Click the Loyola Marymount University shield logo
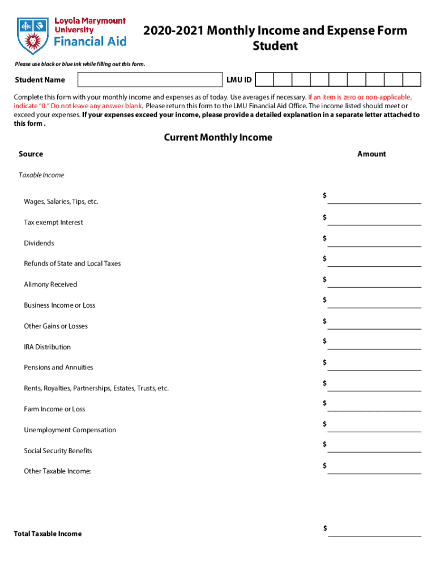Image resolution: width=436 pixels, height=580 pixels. (x=33, y=33)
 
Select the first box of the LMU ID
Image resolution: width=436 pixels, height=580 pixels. (x=266, y=80)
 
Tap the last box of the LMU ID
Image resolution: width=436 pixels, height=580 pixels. (x=412, y=80)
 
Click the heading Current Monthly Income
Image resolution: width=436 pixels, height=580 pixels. (x=218, y=138)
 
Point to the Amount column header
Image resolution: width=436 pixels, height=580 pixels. (x=371, y=154)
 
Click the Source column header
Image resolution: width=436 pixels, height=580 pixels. (x=31, y=154)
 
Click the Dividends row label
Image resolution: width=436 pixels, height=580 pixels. (x=39, y=243)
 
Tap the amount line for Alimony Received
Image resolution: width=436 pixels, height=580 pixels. (x=374, y=282)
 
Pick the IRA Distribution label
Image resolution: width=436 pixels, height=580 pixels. (x=47, y=347)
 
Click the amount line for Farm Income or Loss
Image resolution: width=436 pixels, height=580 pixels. (x=374, y=406)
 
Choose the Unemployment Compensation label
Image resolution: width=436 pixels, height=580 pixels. (x=70, y=430)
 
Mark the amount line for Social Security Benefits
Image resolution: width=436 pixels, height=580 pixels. (x=374, y=447)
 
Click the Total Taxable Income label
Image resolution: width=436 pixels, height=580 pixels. (x=48, y=534)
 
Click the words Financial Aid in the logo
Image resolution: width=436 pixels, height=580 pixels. (x=90, y=41)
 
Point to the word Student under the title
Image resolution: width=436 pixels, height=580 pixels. (x=275, y=46)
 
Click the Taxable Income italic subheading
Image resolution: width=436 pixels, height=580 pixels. (x=41, y=175)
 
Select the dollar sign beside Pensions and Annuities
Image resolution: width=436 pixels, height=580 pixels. (x=325, y=362)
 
